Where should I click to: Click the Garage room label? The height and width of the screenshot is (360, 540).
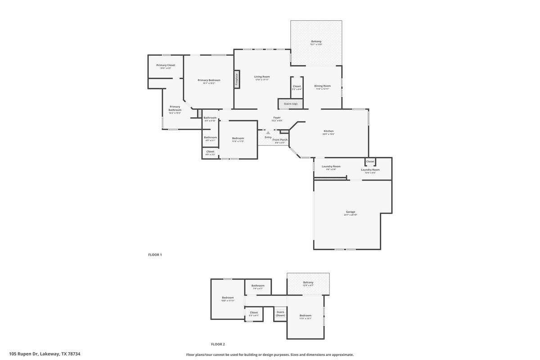pos(351,212)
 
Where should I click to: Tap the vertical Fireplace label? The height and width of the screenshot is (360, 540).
pos(237,80)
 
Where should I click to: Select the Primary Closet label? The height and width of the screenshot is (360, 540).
pos(166,65)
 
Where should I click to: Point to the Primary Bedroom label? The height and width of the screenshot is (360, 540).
pos(209,80)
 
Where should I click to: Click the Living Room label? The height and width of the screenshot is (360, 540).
pos(262,76)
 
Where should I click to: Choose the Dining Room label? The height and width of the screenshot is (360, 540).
pos(322,86)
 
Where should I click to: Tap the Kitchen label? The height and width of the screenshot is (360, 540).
pos(328,131)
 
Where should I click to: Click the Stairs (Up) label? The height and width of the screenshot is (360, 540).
pos(290,104)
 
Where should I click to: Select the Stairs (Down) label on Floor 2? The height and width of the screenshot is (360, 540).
pos(280,314)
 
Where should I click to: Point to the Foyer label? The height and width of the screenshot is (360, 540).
pos(277,118)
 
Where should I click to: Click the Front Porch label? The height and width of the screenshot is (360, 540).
pos(280,140)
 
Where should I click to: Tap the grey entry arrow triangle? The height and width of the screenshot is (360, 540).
pos(268,133)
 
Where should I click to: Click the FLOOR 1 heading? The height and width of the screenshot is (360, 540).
pos(155,255)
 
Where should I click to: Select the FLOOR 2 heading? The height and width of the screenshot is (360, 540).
pos(218,344)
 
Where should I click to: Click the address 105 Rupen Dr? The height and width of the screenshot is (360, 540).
pos(45,354)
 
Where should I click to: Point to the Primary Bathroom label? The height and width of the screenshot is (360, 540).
pos(175,108)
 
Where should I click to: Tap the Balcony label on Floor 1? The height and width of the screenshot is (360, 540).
pos(316,41)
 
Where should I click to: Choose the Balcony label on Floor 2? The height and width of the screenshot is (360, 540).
pos(308,283)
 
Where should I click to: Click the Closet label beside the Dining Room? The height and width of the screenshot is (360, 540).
pos(297,86)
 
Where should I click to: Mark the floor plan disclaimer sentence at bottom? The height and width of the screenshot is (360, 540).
pos(270,355)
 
